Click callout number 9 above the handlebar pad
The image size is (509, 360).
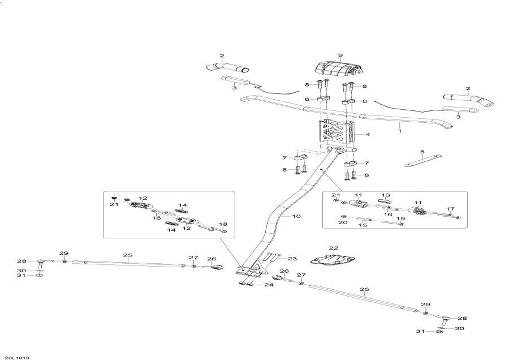(340, 55)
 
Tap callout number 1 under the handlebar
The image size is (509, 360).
(400, 131)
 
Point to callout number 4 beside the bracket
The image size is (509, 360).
(368, 135)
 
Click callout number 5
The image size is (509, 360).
(422, 152)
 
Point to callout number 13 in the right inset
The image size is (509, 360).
(387, 194)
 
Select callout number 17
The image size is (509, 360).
(451, 209)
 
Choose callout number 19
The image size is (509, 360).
(402, 217)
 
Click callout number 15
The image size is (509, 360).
(363, 225)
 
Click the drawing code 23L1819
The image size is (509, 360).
(17, 357)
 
